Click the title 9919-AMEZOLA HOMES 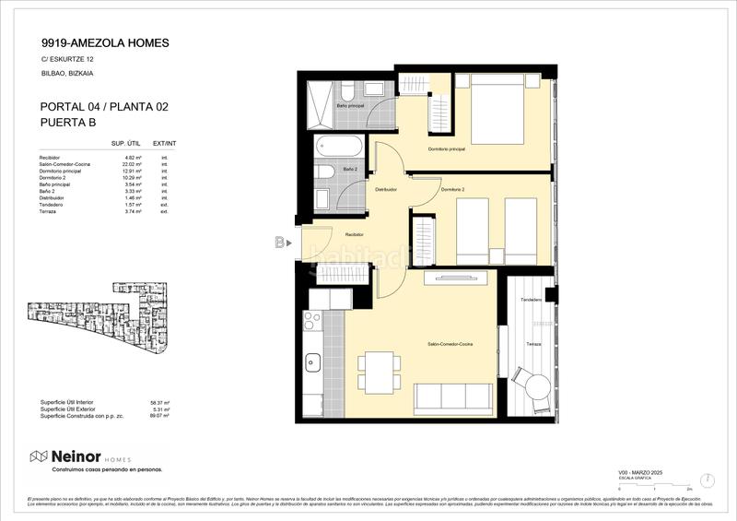pos(105,42)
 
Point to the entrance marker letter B pos(279,243)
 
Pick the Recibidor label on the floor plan pos(341,235)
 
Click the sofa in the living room pos(453,398)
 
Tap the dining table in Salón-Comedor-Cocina pos(378,371)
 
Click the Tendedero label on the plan pos(531,301)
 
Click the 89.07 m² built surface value pos(160,416)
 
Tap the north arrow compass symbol pos(706,480)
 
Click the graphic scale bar pos(655,485)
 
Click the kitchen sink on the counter pos(312,361)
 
